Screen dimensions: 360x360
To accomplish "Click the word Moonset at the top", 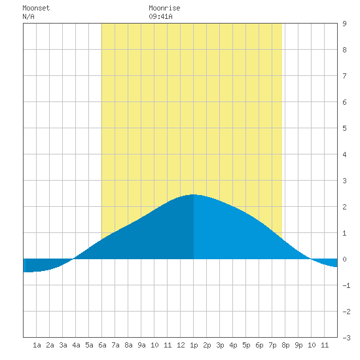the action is click(x=36, y=8).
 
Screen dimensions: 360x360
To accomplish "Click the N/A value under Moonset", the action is click(x=28, y=16).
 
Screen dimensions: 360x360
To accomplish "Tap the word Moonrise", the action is click(x=164, y=8).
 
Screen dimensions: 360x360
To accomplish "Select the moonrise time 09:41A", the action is click(x=160, y=16).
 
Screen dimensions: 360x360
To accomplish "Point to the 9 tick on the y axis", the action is click(x=344, y=24).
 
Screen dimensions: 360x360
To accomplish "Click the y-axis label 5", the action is click(x=344, y=128).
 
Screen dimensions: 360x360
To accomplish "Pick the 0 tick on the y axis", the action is click(x=344, y=259).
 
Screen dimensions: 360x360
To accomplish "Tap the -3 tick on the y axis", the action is click(x=346, y=338).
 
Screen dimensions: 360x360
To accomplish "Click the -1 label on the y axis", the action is click(x=346, y=285).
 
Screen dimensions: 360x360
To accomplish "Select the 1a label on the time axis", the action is click(x=37, y=345).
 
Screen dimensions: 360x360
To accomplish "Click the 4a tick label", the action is click(x=76, y=345).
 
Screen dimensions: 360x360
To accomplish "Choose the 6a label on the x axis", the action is click(x=102, y=345).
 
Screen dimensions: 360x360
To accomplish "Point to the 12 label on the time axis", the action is click(x=181, y=345).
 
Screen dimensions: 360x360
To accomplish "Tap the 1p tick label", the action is click(x=194, y=345).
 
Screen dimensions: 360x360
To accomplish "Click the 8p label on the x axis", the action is click(x=285, y=345).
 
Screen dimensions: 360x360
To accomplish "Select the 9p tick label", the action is click(x=298, y=345).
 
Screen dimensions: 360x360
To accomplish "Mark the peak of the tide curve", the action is click(x=193, y=194).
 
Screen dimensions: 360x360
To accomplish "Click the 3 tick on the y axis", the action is click(x=344, y=181).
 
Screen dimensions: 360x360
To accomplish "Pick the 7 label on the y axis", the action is click(x=344, y=76).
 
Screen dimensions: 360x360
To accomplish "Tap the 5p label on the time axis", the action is click(x=246, y=345).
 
